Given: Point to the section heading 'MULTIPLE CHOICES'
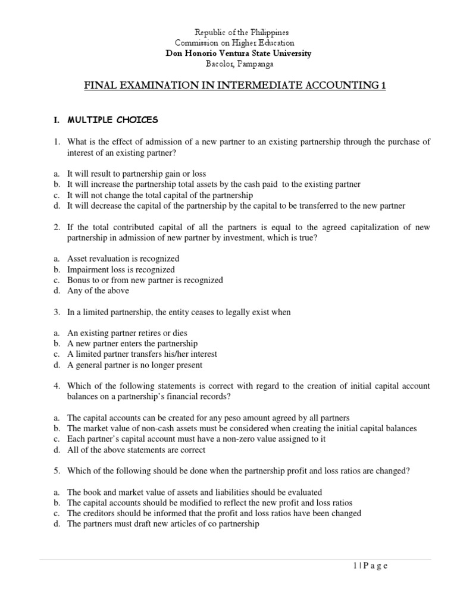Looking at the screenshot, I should click(112, 120).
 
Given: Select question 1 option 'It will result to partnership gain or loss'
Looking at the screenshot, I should click(136, 174).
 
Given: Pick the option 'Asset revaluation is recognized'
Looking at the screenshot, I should click(123, 259).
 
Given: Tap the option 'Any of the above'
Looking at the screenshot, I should click(98, 291).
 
